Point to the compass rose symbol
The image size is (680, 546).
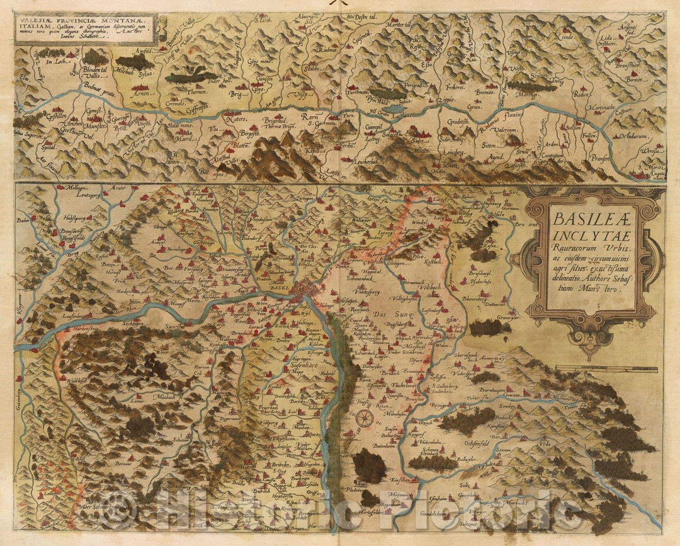point(365,418)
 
